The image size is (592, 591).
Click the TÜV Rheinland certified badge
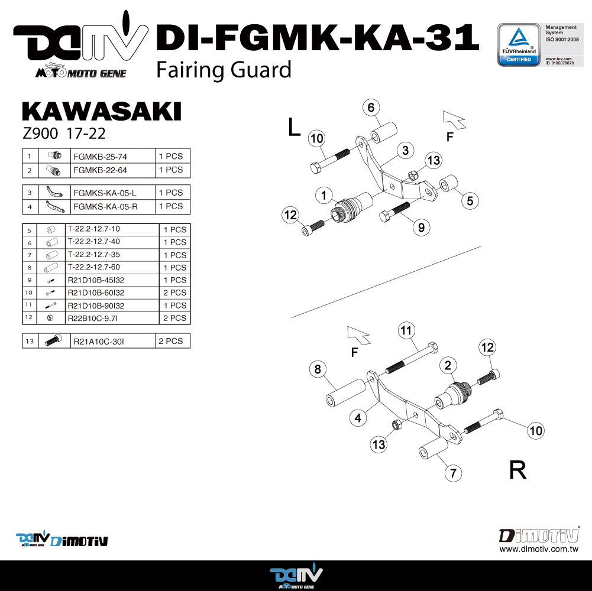coord(519,45)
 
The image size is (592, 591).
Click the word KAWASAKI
coord(101,112)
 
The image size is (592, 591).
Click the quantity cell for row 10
coord(174,293)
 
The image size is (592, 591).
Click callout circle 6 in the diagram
coord(371,108)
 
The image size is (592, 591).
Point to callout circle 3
coord(405,151)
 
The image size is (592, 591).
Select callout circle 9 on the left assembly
coord(420,226)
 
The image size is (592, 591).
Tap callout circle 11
coord(406,331)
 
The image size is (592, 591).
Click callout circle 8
coord(318,370)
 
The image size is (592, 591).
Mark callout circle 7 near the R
coord(453,472)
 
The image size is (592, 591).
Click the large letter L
coord(295,128)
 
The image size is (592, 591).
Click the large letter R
coord(517,470)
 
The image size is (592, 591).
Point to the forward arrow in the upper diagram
coord(455,119)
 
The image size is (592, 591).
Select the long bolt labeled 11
coord(412,360)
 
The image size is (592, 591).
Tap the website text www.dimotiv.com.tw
coord(538,549)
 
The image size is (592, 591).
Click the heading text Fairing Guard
coord(224,70)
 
